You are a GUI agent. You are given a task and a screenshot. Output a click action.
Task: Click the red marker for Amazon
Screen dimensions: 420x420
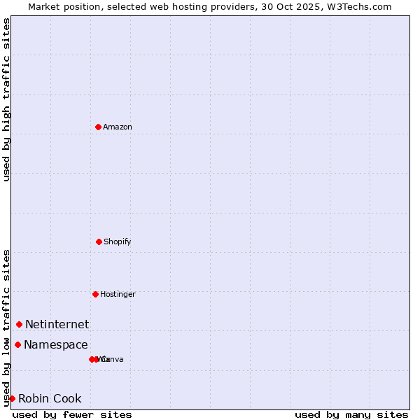point(98,127)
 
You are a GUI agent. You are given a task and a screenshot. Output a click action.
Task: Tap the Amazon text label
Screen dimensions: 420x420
point(118,127)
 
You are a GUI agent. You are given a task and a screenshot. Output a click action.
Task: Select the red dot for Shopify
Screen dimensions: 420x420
point(99,241)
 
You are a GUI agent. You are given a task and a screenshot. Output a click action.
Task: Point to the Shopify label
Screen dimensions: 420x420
point(118,241)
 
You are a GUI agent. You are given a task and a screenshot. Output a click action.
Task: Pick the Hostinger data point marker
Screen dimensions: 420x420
point(95,294)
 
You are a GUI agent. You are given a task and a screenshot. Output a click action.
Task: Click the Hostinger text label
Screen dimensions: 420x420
point(118,294)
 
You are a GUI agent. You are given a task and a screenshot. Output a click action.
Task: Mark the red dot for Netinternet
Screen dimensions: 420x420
point(19,324)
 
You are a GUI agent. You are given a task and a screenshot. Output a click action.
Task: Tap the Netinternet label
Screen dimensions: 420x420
point(57,324)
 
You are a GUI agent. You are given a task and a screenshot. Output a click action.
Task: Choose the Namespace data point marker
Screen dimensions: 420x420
point(17,344)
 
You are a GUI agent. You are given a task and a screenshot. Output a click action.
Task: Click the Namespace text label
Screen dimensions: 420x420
point(56,344)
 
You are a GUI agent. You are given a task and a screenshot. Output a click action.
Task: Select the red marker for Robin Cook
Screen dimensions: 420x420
point(12,398)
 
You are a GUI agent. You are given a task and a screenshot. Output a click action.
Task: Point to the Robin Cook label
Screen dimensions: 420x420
point(50,398)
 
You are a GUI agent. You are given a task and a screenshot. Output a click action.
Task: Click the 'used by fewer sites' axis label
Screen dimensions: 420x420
point(72,414)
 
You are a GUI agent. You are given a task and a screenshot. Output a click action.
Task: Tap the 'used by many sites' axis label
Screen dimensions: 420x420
point(351,414)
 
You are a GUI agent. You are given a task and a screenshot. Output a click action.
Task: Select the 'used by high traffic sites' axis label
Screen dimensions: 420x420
point(6,99)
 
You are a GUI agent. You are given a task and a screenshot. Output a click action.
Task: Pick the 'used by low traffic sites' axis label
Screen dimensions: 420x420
point(6,328)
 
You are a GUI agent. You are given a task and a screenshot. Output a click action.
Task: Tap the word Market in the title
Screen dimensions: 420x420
point(45,6)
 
